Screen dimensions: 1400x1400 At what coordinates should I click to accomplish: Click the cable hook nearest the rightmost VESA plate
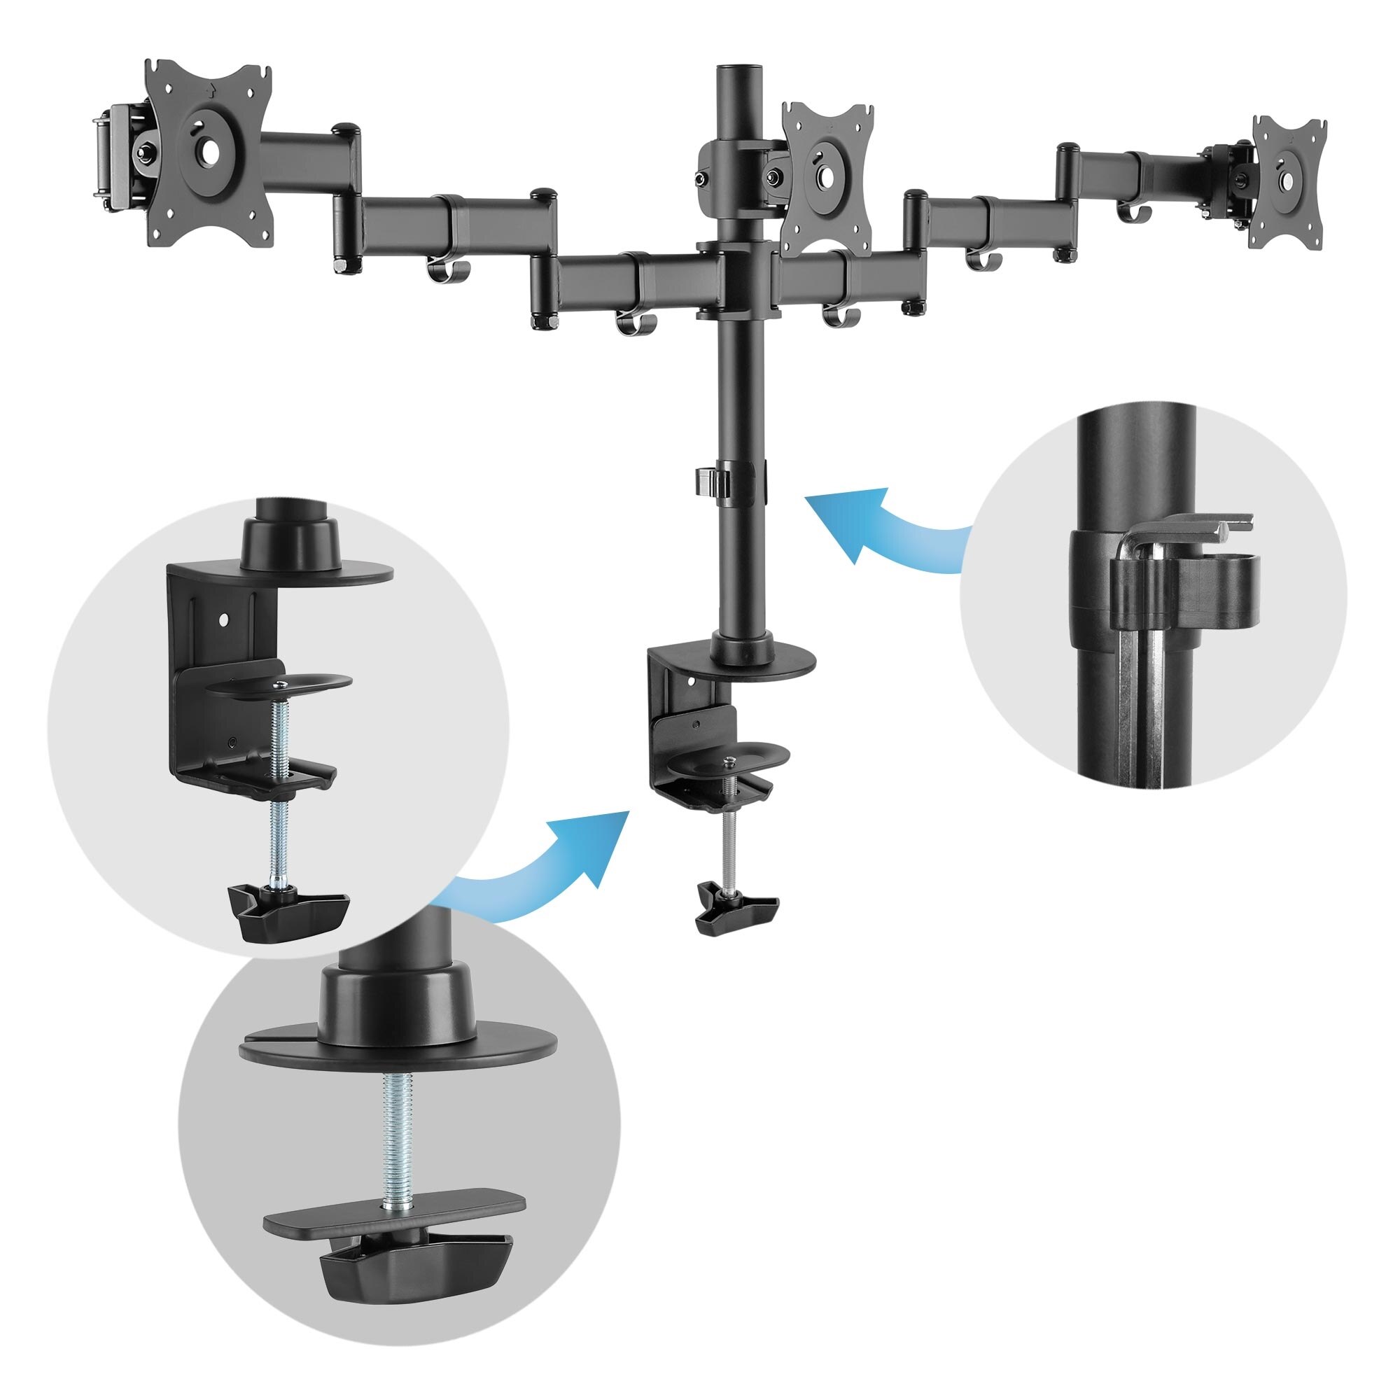click(1133, 211)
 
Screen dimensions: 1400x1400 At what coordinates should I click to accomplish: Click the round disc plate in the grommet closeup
click(398, 1045)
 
